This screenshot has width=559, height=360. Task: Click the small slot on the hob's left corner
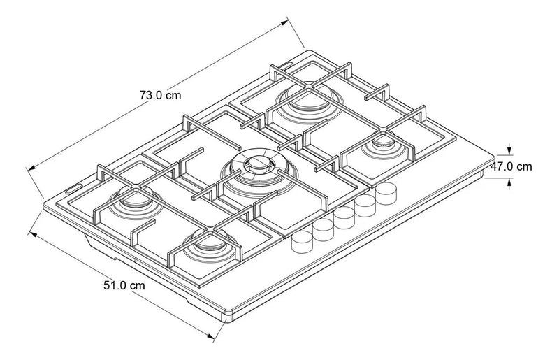click(x=75, y=187)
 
